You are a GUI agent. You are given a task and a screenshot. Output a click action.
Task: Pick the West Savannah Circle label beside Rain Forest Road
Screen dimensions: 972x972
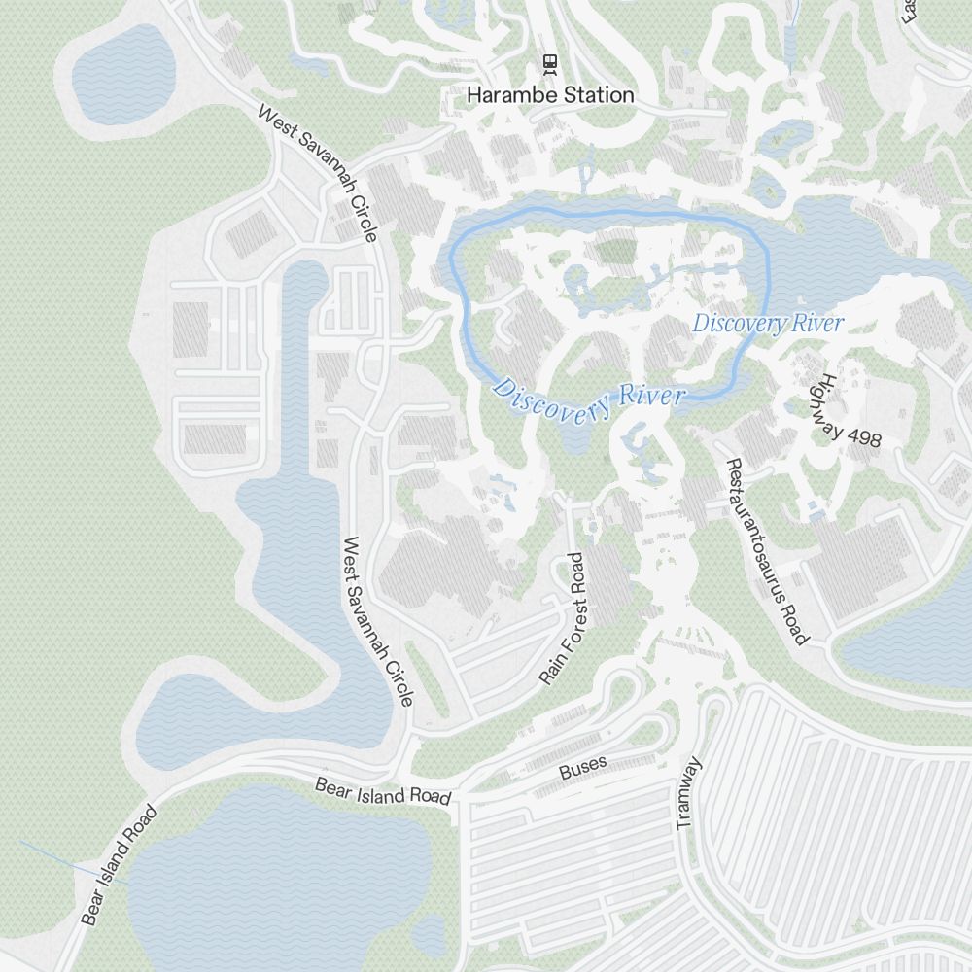click(x=379, y=621)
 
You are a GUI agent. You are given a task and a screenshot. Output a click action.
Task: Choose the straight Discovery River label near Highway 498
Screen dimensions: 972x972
click(x=768, y=324)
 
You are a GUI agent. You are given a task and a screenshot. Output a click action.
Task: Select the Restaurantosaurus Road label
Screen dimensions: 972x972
click(x=768, y=551)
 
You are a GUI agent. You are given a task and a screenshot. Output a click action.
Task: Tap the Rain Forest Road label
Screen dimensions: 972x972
click(x=564, y=618)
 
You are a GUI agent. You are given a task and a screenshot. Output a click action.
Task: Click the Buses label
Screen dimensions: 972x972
click(x=582, y=767)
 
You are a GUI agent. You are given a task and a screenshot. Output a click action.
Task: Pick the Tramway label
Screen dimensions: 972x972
click(x=688, y=792)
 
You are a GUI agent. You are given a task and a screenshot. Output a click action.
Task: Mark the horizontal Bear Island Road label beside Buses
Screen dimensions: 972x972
click(x=383, y=791)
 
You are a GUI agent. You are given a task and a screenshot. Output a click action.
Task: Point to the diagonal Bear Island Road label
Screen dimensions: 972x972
click(x=119, y=865)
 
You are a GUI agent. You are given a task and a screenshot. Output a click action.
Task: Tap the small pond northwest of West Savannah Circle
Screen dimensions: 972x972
click(x=122, y=73)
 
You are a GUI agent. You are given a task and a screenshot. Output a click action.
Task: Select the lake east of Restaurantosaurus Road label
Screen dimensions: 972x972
click(x=909, y=642)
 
